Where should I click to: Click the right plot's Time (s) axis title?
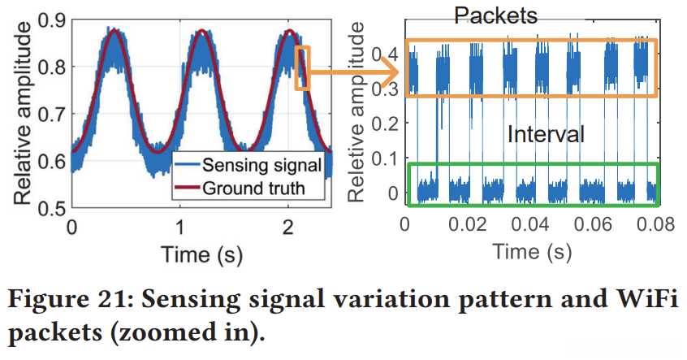(531, 254)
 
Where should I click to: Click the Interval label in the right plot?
(545, 134)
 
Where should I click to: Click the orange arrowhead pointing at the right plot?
(391, 72)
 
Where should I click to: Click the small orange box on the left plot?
(303, 67)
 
